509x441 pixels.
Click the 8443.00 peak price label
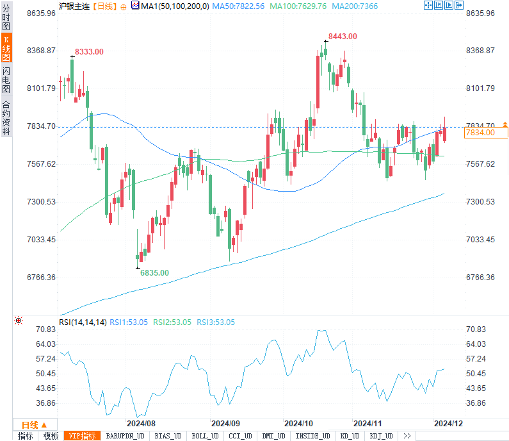pyautogui.click(x=343, y=37)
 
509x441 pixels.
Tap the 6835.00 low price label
pyautogui.click(x=155, y=272)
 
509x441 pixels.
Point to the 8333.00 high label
pyautogui.click(x=89, y=51)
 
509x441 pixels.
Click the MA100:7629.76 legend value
pyautogui.click(x=298, y=6)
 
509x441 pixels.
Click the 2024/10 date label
pyautogui.click(x=298, y=424)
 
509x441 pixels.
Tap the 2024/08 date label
pyautogui.click(x=141, y=424)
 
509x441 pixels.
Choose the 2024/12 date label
pyautogui.click(x=448, y=424)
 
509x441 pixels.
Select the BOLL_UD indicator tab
pyautogui.click(x=205, y=436)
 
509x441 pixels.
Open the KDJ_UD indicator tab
pyautogui.click(x=381, y=436)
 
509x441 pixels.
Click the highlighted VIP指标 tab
pyautogui.click(x=83, y=436)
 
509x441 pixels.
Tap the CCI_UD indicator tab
pyautogui.click(x=240, y=436)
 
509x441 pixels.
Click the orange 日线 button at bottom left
pyautogui.click(x=31, y=424)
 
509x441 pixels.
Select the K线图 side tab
pyautogui.click(x=6, y=47)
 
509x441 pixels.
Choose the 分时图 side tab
pyautogui.click(x=6, y=16)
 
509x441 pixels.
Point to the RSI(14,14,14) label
pyautogui.click(x=83, y=322)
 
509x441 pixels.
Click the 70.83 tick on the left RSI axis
pyautogui.click(x=47, y=329)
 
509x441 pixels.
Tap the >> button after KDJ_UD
pyautogui.click(x=407, y=436)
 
